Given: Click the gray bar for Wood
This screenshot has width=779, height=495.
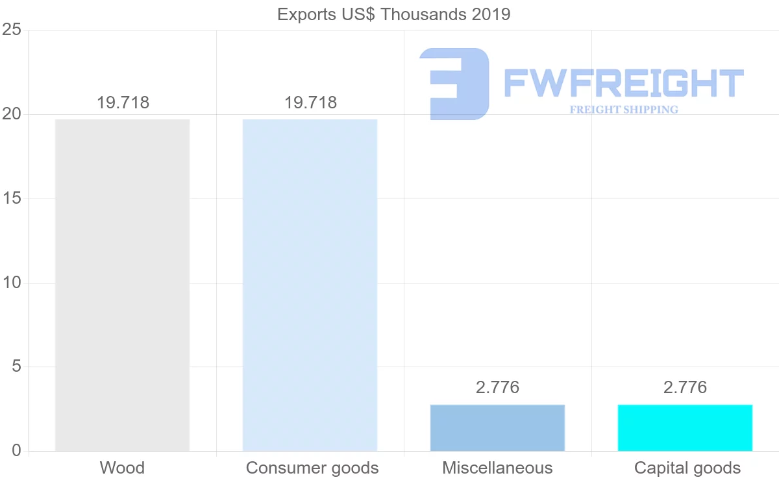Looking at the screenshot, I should coord(122,285).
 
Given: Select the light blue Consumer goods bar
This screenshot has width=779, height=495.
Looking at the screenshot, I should coord(310,285).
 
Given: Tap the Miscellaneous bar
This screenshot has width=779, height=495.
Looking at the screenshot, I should coord(497,428).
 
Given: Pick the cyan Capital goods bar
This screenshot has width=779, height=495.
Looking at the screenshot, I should coord(685,428).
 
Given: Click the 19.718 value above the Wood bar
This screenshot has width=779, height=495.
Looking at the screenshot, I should coord(123,103).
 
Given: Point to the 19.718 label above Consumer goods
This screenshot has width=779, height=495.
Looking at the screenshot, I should coord(310,103).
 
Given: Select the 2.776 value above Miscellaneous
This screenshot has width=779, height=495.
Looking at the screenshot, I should coord(497,387).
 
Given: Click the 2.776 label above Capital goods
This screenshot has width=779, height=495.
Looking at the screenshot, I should coord(685,387).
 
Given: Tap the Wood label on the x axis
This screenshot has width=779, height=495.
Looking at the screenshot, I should coord(122,468).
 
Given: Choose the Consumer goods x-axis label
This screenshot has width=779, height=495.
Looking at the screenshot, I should coord(312,468).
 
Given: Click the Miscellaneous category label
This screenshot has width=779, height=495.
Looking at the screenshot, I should coord(497,468).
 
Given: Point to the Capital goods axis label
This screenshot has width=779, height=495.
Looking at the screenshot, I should coord(687,468).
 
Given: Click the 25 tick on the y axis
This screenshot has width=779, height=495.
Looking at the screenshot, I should coord(12,30).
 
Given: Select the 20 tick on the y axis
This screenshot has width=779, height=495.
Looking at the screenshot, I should coord(12,114).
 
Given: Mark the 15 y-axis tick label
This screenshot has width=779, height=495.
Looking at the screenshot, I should coord(12,199).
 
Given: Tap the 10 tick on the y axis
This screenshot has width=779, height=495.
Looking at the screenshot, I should coord(12,283).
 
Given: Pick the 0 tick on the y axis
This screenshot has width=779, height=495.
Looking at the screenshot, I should coord(16,451).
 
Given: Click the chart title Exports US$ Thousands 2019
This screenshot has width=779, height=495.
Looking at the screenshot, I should coord(394,14).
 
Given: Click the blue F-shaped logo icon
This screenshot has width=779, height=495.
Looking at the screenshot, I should coord(454,84).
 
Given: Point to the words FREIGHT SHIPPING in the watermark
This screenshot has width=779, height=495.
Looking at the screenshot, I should coord(624,110).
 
